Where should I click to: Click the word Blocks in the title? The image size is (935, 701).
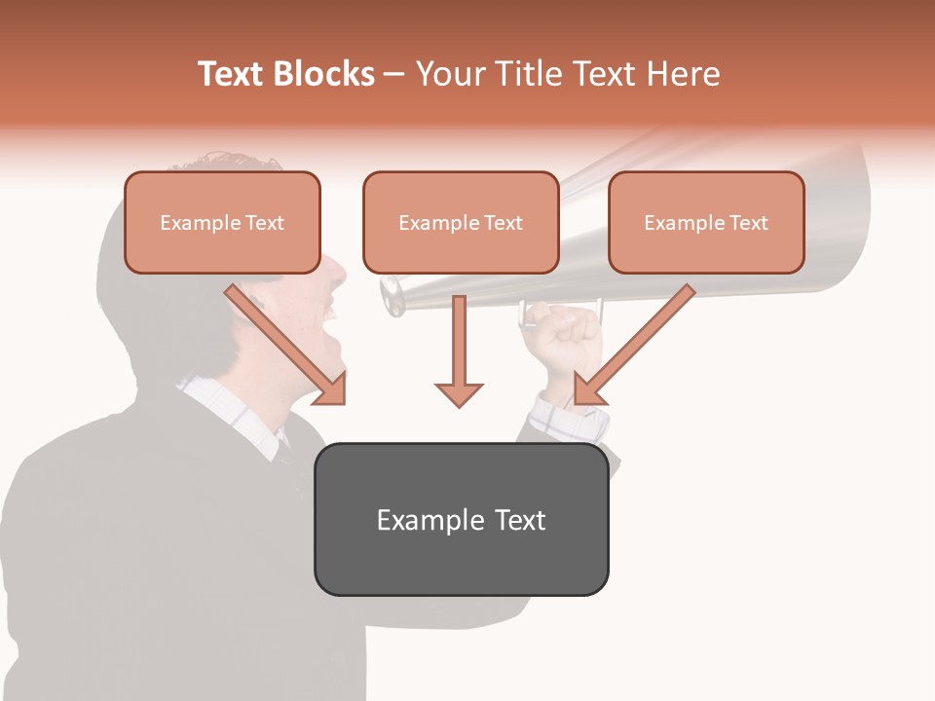(323, 74)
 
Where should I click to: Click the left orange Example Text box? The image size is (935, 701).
(222, 223)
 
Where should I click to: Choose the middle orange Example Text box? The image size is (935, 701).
(461, 223)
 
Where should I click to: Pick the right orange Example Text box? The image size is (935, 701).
(706, 223)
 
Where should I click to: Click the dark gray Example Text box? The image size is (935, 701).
(461, 520)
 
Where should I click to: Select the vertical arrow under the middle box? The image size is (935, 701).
(459, 350)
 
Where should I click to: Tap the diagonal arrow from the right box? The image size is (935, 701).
(634, 346)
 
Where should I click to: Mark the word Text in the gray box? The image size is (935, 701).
(520, 520)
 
